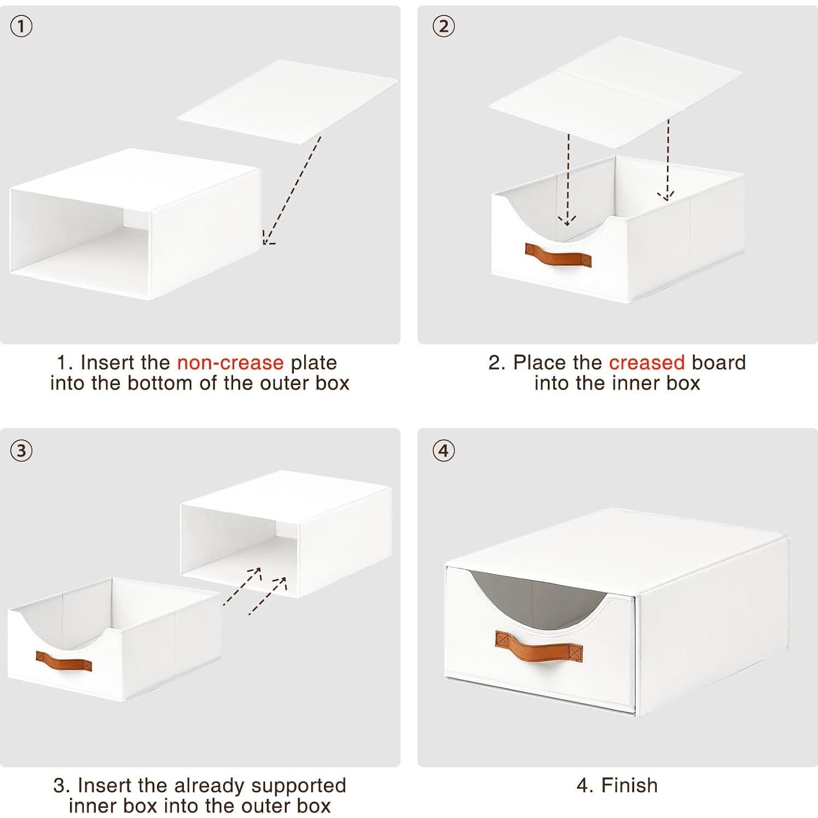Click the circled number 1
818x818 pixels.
(21, 26)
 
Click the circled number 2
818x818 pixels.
(444, 26)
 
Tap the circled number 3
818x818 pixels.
(21, 450)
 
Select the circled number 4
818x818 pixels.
(444, 450)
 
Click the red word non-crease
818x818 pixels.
(230, 362)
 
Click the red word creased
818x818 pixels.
(647, 362)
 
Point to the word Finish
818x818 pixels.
(629, 785)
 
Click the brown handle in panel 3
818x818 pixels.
(64, 660)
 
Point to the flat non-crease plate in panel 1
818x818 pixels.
(288, 102)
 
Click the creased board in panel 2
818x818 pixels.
(616, 93)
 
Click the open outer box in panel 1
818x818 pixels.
(135, 224)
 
